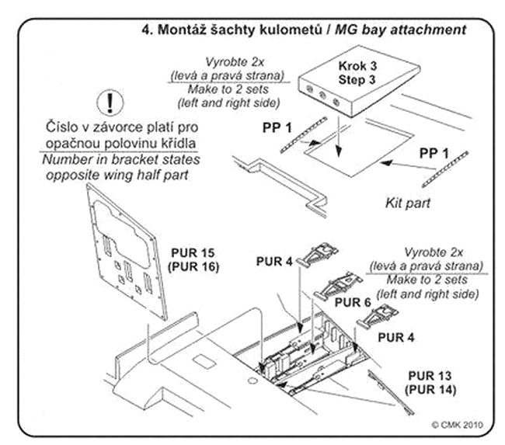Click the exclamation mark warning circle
(x=114, y=102)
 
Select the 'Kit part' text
(x=407, y=203)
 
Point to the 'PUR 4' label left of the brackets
(x=273, y=262)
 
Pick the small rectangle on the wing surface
(x=204, y=362)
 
